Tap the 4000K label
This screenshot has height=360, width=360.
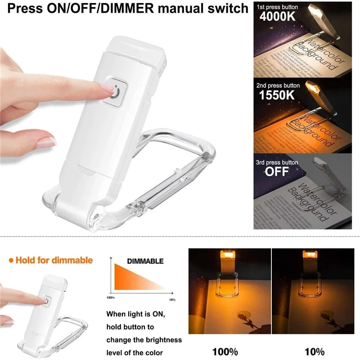275,17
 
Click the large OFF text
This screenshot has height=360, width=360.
277,171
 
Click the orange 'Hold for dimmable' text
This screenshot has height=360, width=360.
54,260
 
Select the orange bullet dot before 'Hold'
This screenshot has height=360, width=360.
10,260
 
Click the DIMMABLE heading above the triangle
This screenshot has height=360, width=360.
145,261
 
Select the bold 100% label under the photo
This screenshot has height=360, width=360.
225,351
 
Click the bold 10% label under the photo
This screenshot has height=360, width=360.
315,351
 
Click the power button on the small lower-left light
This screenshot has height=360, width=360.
47,300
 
